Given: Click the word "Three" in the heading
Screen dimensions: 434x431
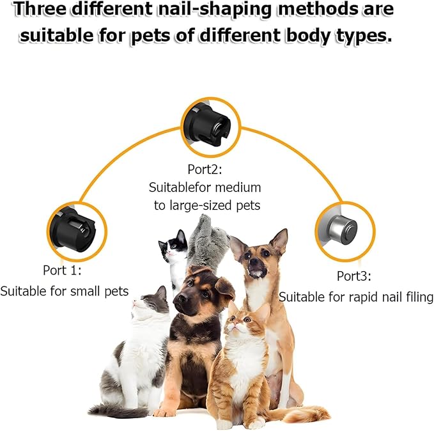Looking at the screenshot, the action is pyautogui.click(x=40, y=9).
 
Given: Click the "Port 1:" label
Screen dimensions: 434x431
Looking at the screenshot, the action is pyautogui.click(x=62, y=270).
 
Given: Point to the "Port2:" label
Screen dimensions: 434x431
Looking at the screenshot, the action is pyautogui.click(x=205, y=169).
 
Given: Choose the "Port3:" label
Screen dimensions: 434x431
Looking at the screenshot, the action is pyautogui.click(x=354, y=276).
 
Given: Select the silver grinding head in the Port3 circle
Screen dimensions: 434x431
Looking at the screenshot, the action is pyautogui.click(x=343, y=230).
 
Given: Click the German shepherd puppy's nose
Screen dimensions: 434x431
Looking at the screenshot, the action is pyautogui.click(x=183, y=299).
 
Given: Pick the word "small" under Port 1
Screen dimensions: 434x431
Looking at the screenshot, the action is pyautogui.click(x=86, y=291).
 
